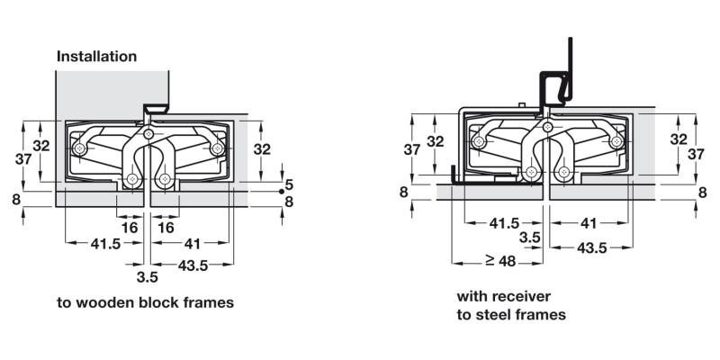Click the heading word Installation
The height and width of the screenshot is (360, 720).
(97, 56)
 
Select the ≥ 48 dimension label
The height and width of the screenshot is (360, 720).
(500, 262)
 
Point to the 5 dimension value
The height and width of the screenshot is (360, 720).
(289, 185)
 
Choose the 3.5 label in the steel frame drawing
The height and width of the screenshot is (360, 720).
(530, 237)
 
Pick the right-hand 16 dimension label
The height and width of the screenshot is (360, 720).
(166, 229)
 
